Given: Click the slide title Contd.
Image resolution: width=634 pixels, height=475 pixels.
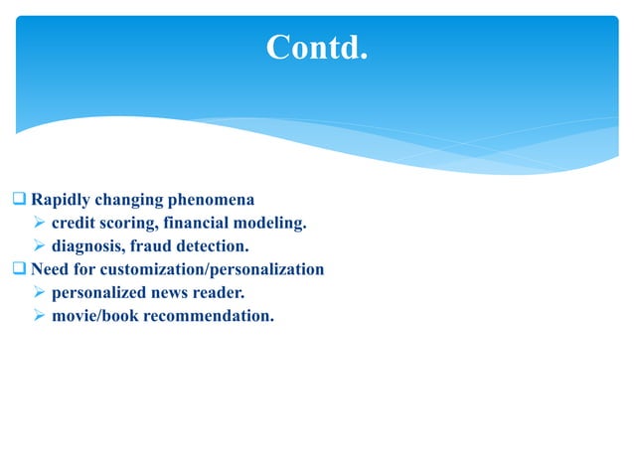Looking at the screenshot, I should pos(316,47).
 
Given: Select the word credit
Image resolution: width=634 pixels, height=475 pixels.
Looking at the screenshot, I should pos(73,223).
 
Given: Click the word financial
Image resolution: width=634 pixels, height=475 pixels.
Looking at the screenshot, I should pos(195,223).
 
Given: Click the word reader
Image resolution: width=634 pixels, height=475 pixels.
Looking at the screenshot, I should pos(220,293).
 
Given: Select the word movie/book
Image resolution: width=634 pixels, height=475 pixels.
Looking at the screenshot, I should pos(92,317).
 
